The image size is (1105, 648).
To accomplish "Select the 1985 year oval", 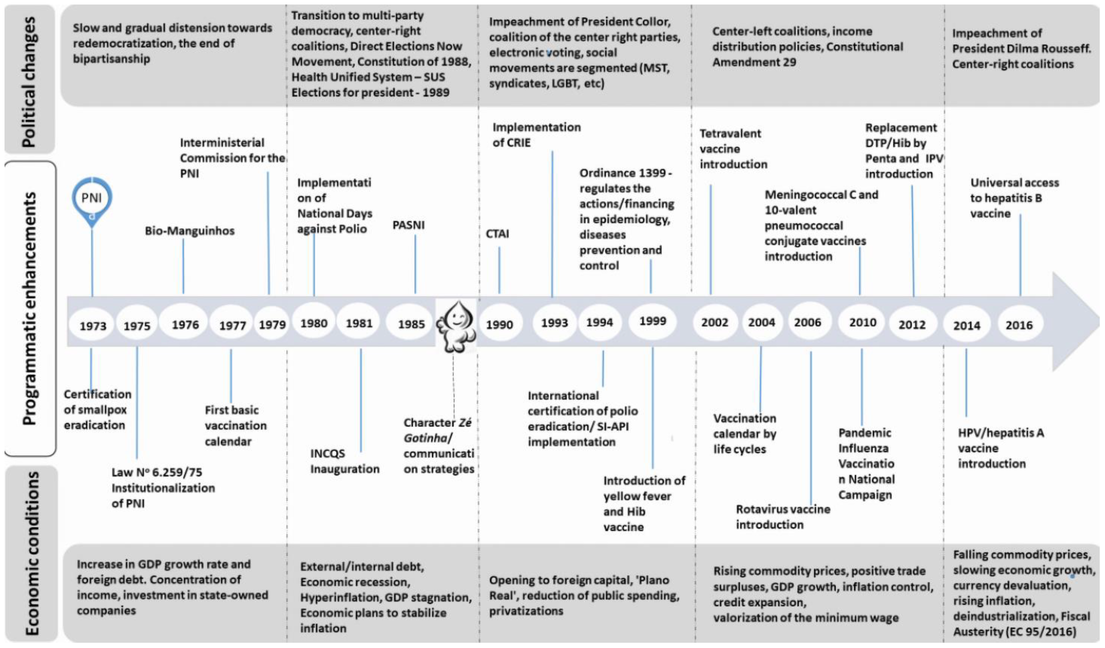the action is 411,324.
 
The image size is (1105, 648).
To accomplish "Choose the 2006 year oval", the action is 807,322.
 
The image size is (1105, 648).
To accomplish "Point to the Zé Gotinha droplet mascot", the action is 456,326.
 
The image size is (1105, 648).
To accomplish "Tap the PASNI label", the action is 408,225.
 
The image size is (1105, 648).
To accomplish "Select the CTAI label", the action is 497,234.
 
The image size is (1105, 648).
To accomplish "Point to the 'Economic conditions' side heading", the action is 32,553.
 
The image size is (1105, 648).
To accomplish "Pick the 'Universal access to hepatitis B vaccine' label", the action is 1014,198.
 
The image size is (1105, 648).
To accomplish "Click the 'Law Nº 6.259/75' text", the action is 156,472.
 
